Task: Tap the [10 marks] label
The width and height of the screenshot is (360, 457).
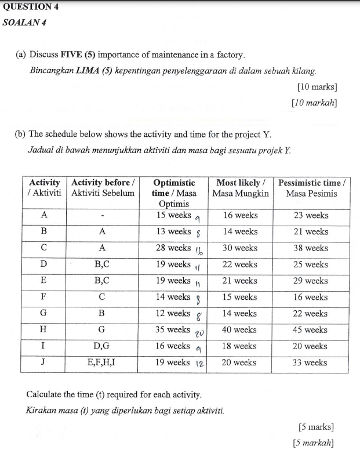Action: (x=317, y=87)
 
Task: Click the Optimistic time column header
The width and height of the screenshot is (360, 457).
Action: (x=173, y=193)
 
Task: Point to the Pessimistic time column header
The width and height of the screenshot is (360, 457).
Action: (x=312, y=187)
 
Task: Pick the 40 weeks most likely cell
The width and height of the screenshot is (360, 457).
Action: (x=241, y=329)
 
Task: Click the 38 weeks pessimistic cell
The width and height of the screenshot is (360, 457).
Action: (x=312, y=248)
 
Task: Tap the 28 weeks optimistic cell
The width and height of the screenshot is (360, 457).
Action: (x=171, y=248)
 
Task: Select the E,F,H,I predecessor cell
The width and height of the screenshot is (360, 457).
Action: (x=102, y=362)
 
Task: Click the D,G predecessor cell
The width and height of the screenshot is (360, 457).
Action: (x=102, y=346)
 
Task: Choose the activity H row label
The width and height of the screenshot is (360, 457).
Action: (x=43, y=329)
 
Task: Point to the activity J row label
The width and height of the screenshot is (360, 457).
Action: (x=43, y=362)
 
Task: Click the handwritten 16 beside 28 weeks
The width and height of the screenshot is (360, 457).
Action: (x=198, y=251)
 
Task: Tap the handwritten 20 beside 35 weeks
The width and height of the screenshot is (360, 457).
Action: (x=198, y=332)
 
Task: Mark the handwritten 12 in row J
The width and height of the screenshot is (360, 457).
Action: (x=199, y=364)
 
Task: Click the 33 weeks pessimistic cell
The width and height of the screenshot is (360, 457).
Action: (x=312, y=362)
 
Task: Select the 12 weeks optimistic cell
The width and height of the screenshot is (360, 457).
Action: (x=171, y=313)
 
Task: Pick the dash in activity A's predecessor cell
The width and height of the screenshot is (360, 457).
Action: (x=102, y=216)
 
